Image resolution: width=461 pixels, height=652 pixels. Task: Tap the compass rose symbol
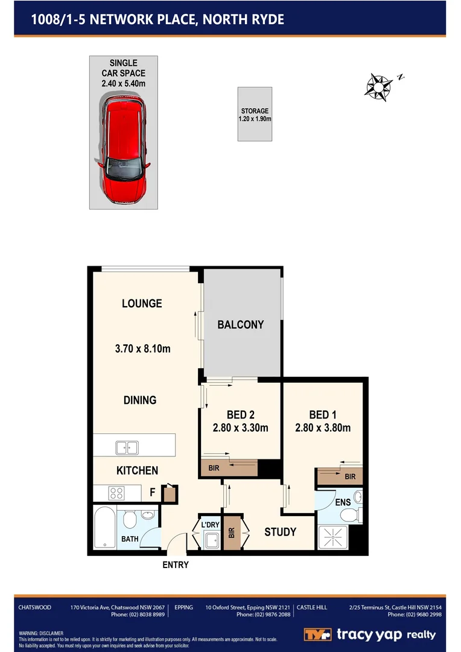378,86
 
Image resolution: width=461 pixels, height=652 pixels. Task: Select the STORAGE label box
255,114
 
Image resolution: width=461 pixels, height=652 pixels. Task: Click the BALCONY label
240,325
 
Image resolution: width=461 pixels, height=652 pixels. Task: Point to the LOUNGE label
142,304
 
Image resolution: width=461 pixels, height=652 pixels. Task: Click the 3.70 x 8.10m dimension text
142,348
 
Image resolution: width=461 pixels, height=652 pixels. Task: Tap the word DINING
140,400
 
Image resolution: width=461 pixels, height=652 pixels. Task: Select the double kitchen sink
127,448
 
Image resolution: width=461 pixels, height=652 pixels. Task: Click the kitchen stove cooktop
116,493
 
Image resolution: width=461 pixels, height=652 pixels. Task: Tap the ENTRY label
176,565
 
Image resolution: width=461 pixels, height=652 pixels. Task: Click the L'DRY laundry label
210,525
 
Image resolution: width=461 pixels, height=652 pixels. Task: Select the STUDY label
281,532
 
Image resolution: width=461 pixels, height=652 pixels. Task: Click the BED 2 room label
240,415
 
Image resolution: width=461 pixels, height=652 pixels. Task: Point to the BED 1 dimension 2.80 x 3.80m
323,428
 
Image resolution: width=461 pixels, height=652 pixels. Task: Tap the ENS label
342,502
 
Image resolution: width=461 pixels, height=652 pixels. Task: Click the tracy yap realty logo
369,634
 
